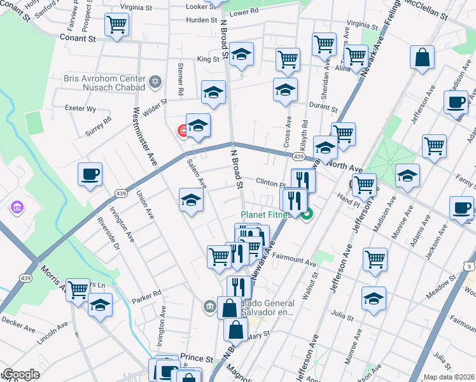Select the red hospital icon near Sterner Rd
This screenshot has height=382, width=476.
(x=183, y=131)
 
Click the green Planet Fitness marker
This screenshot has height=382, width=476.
(x=307, y=215)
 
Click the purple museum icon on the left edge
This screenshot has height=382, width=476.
(x=17, y=208)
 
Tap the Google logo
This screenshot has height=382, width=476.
(x=21, y=374)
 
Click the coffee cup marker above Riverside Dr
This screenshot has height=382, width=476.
(x=90, y=174)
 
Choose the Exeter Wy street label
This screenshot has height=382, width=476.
(x=81, y=109)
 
